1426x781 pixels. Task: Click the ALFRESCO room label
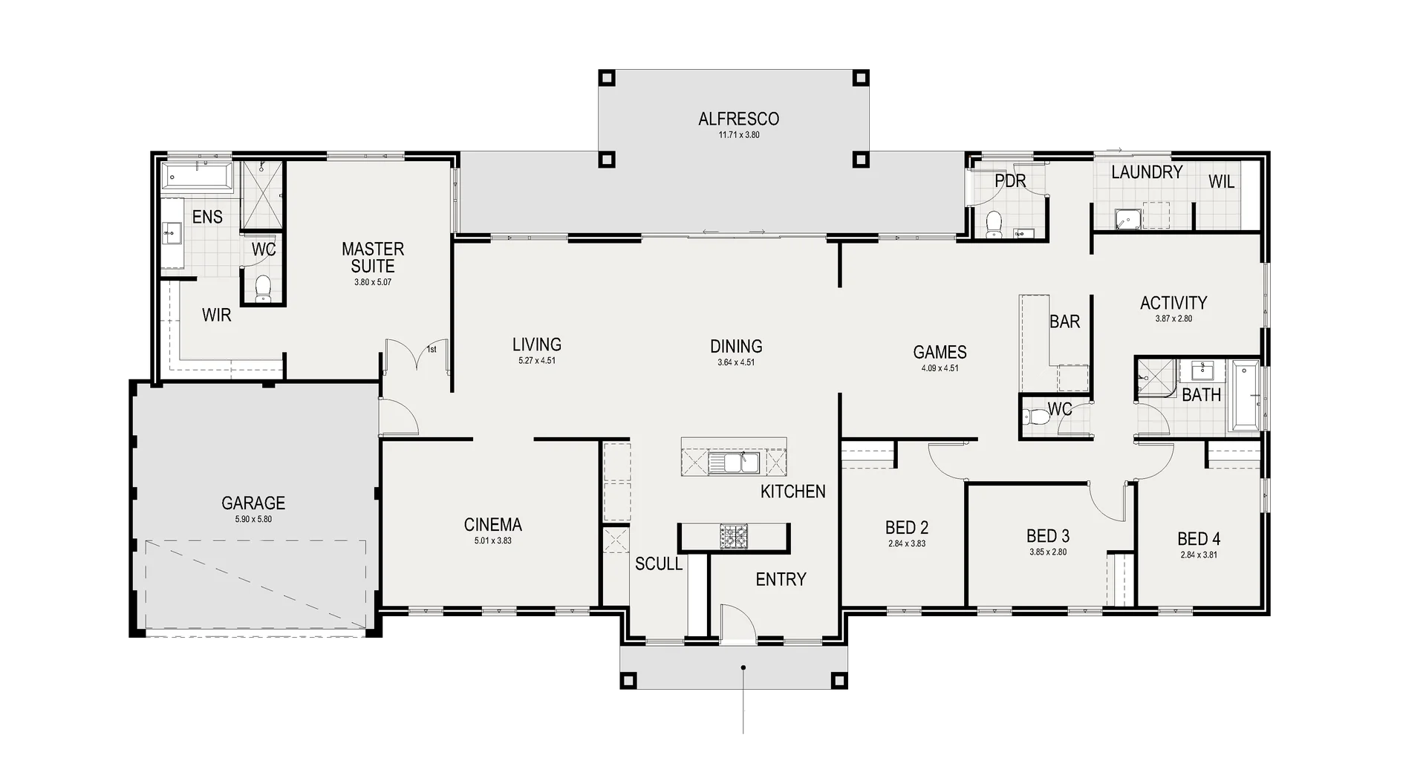click(728, 119)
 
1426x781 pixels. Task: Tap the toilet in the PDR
click(994, 222)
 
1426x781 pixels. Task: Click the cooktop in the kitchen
click(734, 535)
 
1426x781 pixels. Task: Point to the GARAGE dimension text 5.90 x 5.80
click(253, 520)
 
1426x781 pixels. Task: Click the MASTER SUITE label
click(373, 257)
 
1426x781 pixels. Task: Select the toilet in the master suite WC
click(263, 287)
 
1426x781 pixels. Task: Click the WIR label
click(216, 315)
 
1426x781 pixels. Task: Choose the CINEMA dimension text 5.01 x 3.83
click(492, 541)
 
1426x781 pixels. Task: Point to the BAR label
click(1064, 322)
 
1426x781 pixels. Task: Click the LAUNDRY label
click(1147, 172)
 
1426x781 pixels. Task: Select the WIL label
click(1221, 182)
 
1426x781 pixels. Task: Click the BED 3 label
click(1047, 536)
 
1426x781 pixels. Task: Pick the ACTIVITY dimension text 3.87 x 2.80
click(1173, 319)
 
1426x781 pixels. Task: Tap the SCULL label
click(658, 564)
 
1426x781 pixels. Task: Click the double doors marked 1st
click(416, 356)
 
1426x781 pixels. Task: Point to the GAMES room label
click(940, 352)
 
